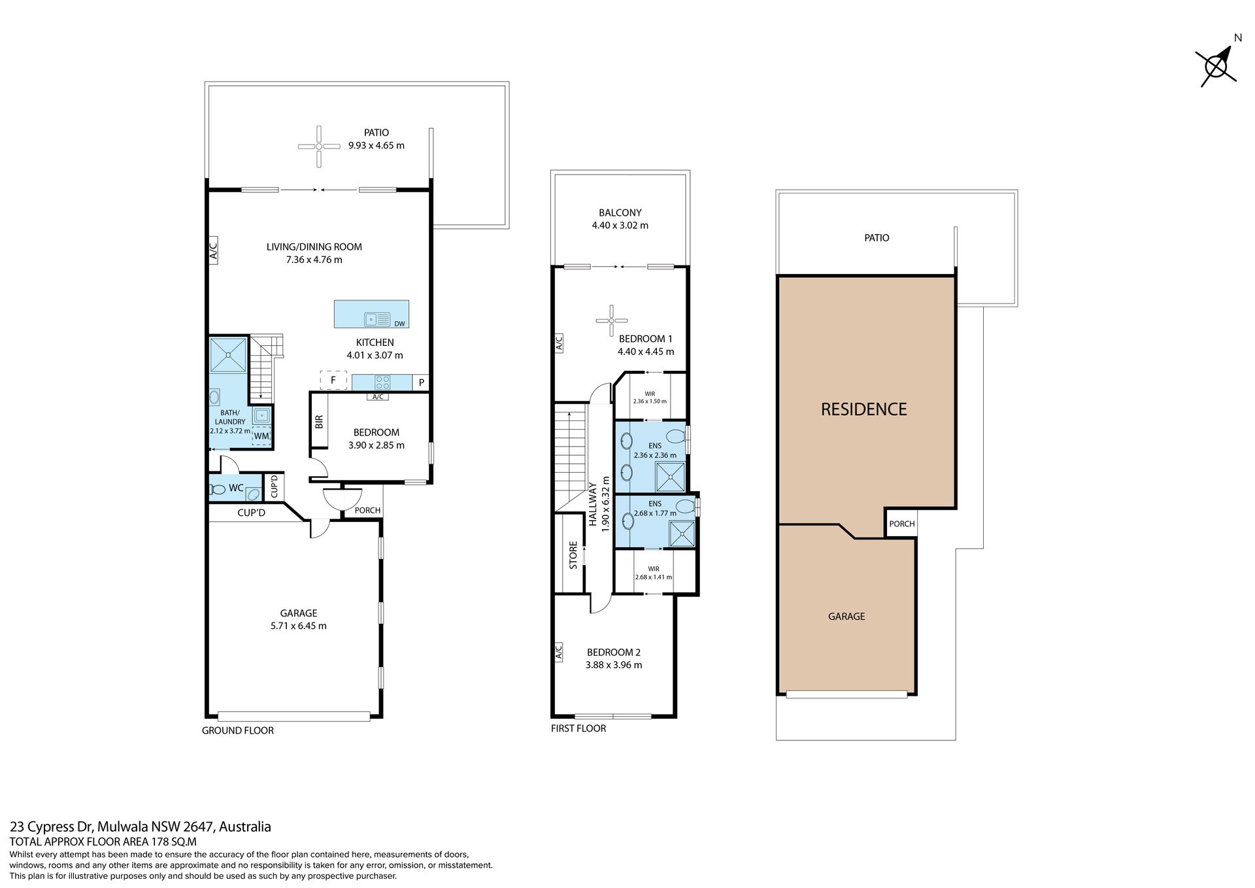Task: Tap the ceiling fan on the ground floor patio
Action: click(319, 146)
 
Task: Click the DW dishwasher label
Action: click(400, 324)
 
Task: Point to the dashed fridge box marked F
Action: click(333, 380)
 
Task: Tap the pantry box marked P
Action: click(422, 383)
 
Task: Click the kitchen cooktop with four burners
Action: click(382, 382)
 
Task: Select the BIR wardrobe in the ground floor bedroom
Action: click(319, 422)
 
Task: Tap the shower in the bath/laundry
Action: click(228, 355)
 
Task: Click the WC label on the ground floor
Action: click(236, 488)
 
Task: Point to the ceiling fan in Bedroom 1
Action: click(612, 320)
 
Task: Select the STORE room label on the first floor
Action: click(573, 555)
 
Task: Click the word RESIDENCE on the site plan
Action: click(864, 409)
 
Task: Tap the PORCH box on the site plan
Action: click(902, 523)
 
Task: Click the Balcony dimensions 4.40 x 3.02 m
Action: click(620, 226)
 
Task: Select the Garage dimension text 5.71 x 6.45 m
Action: click(299, 626)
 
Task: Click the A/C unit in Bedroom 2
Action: click(559, 652)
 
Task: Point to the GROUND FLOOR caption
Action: click(238, 730)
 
